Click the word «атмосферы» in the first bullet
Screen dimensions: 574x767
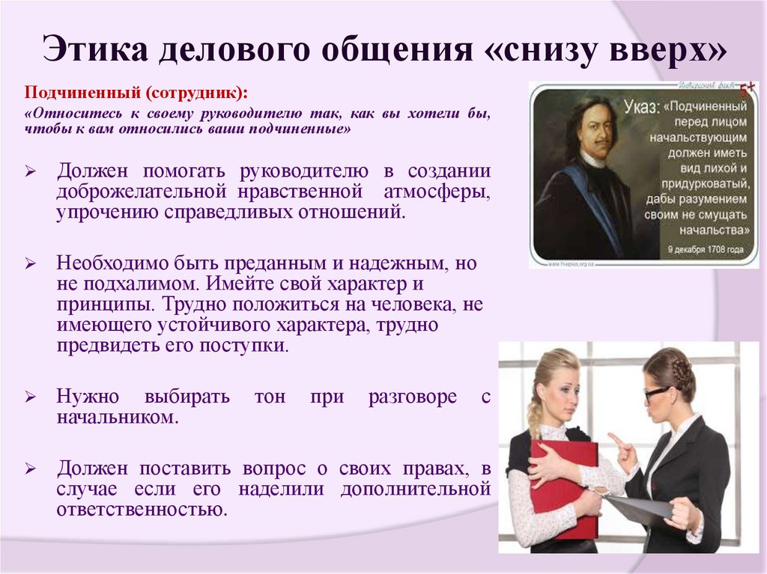(437, 192)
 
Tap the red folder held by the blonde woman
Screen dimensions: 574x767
(564, 486)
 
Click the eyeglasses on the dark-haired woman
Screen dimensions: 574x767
(656, 391)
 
